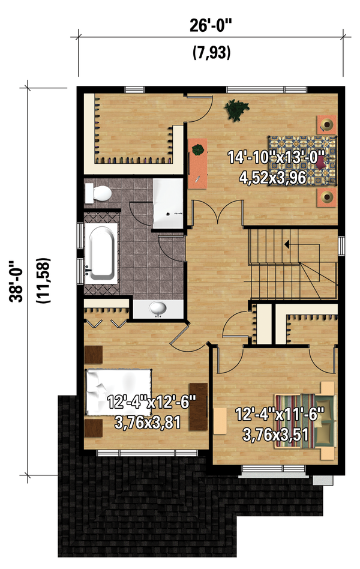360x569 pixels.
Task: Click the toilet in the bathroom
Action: [98, 193]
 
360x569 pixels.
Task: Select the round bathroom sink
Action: [158, 309]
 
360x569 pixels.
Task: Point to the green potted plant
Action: [236, 110]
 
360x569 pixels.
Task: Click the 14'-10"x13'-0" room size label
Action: [277, 158]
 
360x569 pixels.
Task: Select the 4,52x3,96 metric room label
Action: [277, 178]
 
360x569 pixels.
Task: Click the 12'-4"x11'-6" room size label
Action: [280, 414]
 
